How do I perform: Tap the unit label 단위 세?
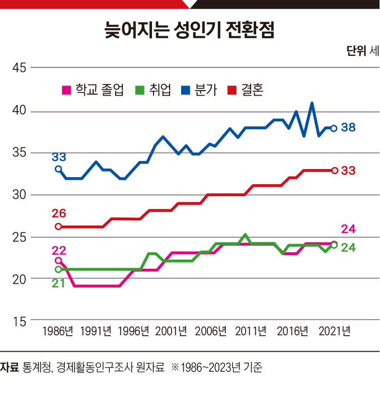coord(362,51)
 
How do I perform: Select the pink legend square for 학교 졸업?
coord(65,91)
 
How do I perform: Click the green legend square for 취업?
coord(140,91)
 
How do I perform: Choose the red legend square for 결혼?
coord(232,91)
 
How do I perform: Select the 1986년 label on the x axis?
coord(58,332)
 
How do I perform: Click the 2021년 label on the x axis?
coord(334,332)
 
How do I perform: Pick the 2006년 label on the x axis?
coord(211,332)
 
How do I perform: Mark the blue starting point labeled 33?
coord(58,169)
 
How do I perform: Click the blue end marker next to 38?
coord(334,128)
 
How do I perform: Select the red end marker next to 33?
coord(334,171)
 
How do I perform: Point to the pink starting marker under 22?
coord(58,261)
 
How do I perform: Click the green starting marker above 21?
coord(58,269)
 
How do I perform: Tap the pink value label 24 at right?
coord(348,229)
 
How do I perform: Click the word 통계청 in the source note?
coord(36,367)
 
